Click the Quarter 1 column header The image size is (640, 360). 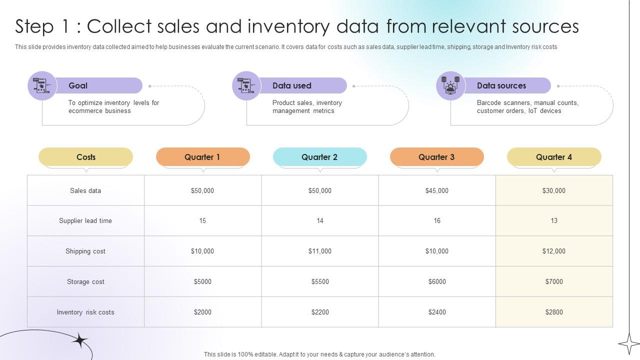point(202,157)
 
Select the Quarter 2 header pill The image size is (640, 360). point(319,157)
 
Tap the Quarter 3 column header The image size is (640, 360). point(436,157)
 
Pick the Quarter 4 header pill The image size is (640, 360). point(553,157)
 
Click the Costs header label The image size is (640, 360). point(85,157)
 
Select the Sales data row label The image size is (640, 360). point(85,190)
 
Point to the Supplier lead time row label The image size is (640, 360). point(85,220)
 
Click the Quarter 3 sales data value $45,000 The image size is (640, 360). point(436,190)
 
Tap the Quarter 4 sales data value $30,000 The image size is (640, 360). point(553,190)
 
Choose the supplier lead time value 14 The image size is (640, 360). point(319,220)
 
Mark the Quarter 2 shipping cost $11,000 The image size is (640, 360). point(319,251)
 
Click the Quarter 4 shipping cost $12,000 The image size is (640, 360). point(553,251)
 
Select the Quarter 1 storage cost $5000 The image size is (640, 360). point(202,281)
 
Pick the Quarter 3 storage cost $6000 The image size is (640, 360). point(436,281)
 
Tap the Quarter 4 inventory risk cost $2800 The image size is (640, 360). point(553,312)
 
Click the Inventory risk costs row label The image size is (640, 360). point(85,312)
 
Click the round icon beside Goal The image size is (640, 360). point(42,85)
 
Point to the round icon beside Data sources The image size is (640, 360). point(450,85)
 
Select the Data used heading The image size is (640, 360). point(291,85)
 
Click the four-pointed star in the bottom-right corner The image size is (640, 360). point(628,343)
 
